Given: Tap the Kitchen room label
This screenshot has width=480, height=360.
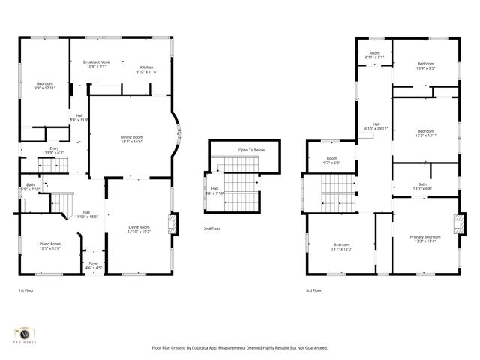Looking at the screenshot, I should tap(145, 67).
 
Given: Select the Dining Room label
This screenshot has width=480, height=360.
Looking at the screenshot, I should tap(132, 136).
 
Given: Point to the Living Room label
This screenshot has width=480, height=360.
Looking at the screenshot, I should tap(139, 227).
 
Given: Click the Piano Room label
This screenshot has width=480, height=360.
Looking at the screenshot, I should tap(50, 243).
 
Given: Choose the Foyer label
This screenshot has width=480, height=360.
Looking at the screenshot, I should tap(94, 263).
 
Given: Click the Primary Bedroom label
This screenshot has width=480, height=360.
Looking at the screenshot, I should tap(425, 237).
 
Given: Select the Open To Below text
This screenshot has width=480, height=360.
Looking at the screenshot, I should tap(251, 150).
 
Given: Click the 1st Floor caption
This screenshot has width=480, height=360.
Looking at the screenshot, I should tap(26, 290).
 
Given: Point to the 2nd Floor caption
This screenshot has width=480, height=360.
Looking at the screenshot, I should tap(212, 229).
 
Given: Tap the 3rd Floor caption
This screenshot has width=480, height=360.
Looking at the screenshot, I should tap(313, 290).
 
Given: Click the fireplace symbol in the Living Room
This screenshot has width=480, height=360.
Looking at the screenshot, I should tap(173, 223).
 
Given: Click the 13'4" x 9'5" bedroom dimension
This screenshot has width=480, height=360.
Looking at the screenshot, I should tap(425, 68).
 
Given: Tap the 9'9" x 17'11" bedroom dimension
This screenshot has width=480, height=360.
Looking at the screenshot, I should tap(46, 88).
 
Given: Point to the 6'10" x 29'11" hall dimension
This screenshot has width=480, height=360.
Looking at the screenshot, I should tap(376, 129).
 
